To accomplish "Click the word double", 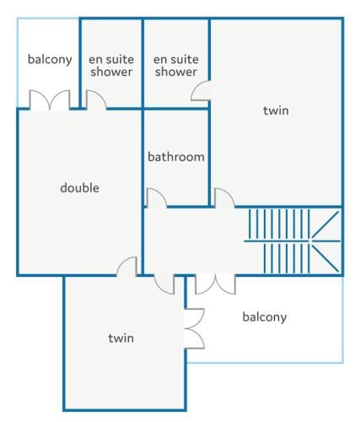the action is [79, 187].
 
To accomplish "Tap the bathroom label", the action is [176, 157].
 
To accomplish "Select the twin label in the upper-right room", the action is [276, 111].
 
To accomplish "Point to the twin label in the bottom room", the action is [121, 338].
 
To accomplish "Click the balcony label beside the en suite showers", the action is [50, 60].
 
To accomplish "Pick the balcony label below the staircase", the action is [265, 317].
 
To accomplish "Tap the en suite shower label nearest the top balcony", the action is [111, 66].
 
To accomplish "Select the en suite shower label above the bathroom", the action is [176, 66].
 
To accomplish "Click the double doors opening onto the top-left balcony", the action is [50, 100].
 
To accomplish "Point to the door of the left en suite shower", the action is [96, 100].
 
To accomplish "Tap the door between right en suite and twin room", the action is [201, 90].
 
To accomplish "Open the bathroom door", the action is [157, 197].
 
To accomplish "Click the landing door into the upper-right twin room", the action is [224, 197].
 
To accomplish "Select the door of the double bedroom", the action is [126, 266].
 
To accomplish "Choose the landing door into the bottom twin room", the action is [164, 284].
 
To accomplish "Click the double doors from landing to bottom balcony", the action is [215, 284].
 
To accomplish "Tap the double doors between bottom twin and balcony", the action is [194, 328].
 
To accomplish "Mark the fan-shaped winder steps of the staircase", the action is [325, 241].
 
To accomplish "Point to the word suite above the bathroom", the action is [184, 60].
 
